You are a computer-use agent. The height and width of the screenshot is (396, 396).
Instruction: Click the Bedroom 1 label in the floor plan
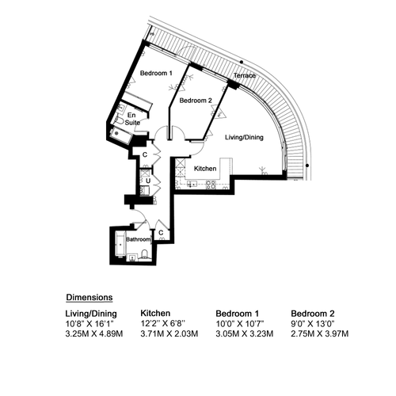[156, 73]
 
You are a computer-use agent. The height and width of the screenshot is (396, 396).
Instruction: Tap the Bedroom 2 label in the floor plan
[196, 101]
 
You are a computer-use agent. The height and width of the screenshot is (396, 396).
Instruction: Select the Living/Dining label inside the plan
[244, 137]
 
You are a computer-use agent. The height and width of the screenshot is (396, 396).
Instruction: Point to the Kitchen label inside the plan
[205, 169]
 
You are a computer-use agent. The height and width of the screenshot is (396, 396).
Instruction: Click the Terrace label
[245, 75]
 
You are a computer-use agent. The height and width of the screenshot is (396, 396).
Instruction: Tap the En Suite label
[132, 119]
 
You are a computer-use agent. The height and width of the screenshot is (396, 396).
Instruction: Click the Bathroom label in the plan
[139, 239]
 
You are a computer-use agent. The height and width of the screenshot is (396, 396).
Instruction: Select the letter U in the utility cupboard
[148, 181]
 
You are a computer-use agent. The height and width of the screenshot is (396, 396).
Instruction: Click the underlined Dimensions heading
[89, 297]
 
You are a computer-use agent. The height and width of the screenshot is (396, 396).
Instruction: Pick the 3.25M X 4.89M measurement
[94, 333]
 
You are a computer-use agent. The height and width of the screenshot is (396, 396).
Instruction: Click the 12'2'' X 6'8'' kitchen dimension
[163, 323]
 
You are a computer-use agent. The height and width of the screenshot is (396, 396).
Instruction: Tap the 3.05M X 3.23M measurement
[245, 333]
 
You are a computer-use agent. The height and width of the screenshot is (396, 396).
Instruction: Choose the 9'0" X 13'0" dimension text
[313, 323]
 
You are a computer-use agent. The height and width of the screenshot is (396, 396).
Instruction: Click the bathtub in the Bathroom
[120, 245]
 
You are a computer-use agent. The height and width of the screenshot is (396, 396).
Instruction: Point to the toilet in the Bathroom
[144, 254]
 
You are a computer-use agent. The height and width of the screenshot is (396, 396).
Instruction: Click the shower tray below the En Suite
[121, 135]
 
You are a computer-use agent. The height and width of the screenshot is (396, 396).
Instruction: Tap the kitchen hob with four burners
[211, 185]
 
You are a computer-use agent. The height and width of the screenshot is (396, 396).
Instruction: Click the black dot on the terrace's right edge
[307, 166]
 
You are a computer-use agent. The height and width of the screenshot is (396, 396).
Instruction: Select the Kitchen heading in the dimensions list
[155, 314]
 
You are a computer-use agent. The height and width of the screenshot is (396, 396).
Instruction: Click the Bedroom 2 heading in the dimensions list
[313, 314]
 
